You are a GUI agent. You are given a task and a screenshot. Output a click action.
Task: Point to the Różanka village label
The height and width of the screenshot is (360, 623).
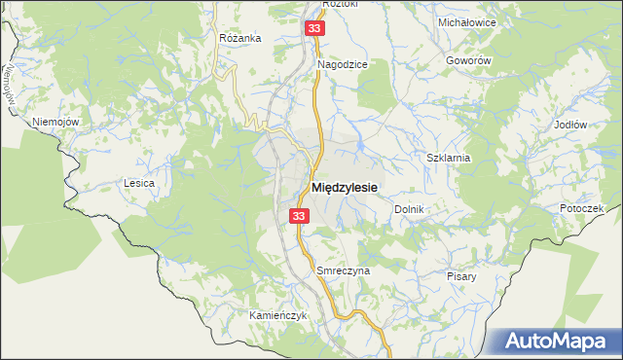pyautogui.click(x=240, y=38)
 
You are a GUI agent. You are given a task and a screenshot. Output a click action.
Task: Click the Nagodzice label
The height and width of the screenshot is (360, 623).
pyautogui.click(x=343, y=64)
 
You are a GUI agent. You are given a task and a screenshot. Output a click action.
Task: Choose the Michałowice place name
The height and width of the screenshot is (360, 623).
pyautogui.click(x=467, y=21)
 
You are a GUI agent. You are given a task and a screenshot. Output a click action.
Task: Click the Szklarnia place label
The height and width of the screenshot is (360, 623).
pyautogui.click(x=449, y=157)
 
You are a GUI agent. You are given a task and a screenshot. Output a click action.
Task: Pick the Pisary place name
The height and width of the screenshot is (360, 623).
pyautogui.click(x=462, y=276)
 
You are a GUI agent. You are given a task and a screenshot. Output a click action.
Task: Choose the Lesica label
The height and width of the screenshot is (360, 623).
pyautogui.click(x=139, y=182)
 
